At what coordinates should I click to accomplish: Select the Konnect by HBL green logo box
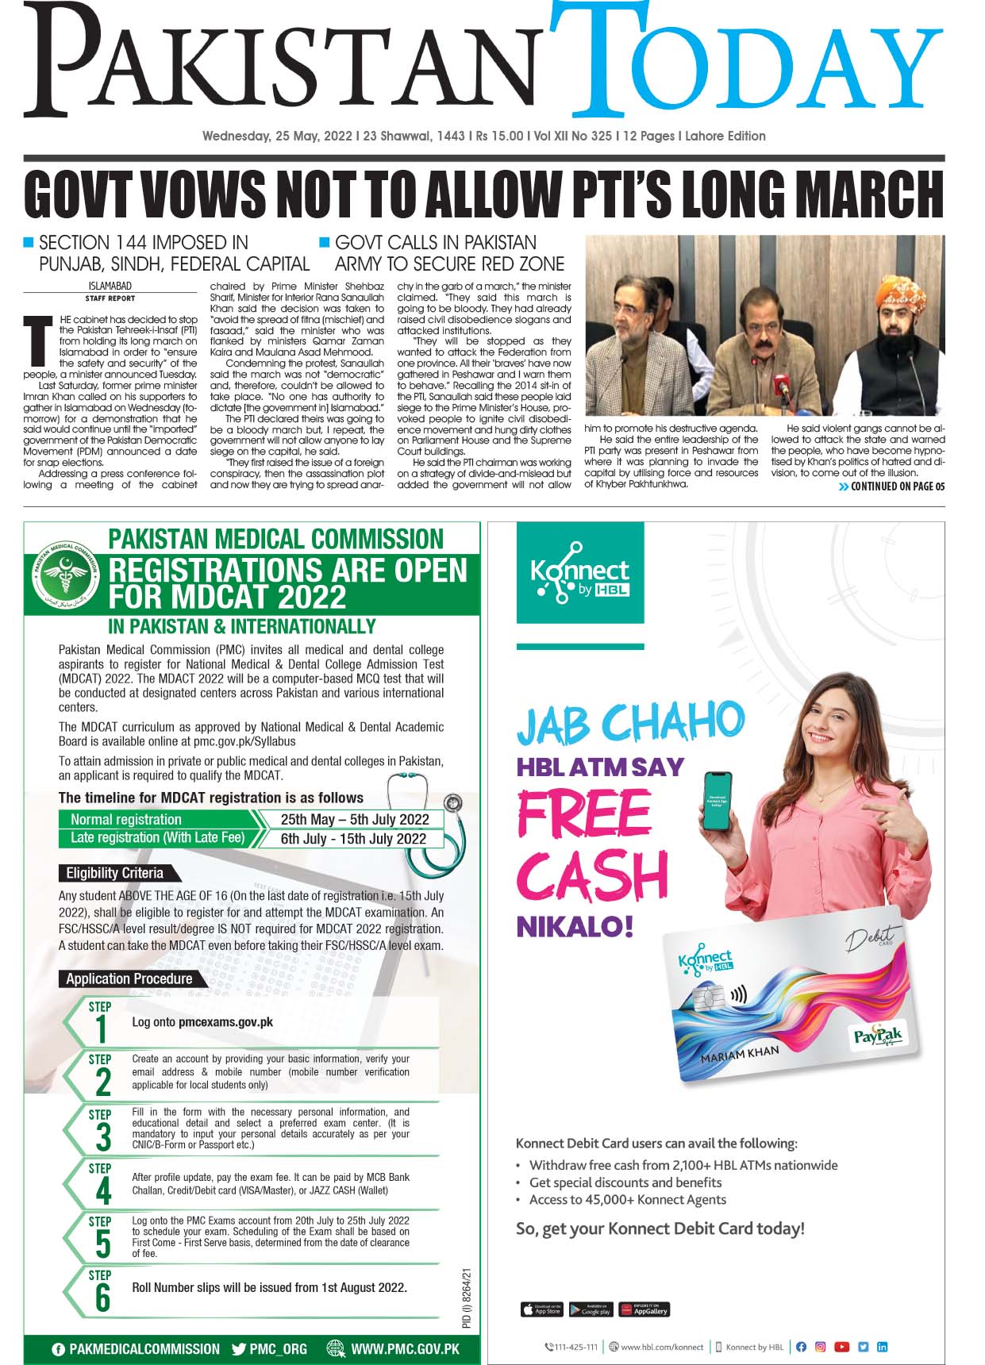(580, 572)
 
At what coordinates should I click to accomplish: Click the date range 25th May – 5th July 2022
(355, 819)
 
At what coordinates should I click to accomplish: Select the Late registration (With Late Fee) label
(157, 838)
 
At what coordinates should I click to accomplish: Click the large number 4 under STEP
(103, 1192)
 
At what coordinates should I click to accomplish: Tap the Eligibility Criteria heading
(114, 873)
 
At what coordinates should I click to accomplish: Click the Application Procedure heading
(129, 979)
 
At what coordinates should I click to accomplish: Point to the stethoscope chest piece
(453, 802)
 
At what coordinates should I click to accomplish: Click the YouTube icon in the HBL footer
(841, 1347)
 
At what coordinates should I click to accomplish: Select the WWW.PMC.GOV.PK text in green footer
(405, 1349)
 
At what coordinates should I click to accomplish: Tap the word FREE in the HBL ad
(583, 815)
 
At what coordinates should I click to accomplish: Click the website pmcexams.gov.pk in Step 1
(225, 1022)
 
